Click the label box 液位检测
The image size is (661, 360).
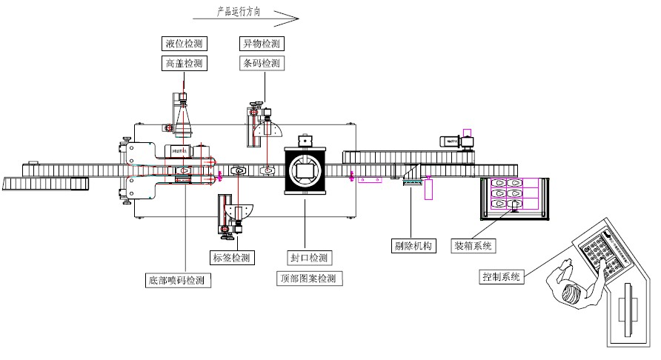(185, 44)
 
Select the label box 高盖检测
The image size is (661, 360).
(185, 64)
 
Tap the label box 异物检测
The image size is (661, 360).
(262, 44)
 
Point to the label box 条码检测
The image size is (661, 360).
(262, 64)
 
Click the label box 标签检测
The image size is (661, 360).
(232, 258)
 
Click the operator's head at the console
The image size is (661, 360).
(570, 291)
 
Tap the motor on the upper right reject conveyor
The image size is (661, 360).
(452, 141)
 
